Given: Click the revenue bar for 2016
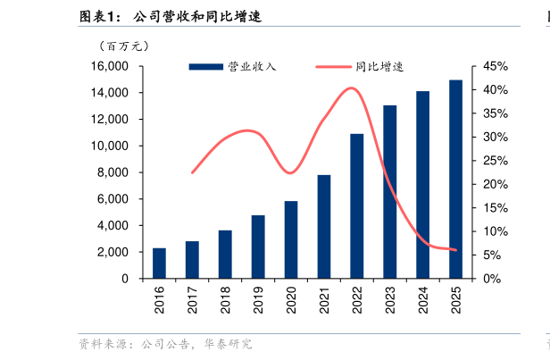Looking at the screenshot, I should pos(159,264).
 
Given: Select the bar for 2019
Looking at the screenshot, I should pos(258,247).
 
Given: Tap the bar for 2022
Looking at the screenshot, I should pos(356,206).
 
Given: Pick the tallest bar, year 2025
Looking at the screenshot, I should pos(455,180).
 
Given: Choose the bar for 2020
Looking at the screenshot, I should pos(291,240).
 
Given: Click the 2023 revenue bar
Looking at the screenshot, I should pos(390,192).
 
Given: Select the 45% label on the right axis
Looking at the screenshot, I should pos(496,67).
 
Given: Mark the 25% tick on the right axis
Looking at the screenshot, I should pos(496,162).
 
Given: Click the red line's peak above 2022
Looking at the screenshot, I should pos(352,88).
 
